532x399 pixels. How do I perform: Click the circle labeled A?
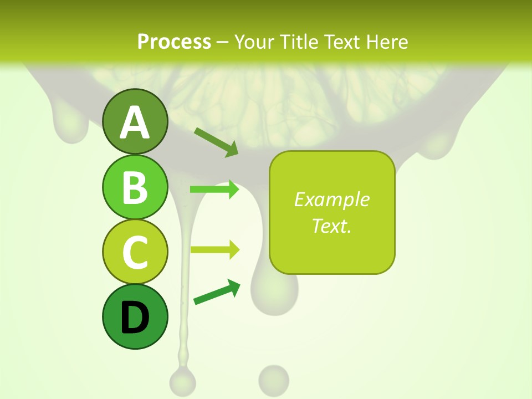[135, 121]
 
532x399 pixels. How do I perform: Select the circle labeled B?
[135, 187]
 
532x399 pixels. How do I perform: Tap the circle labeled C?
[135, 252]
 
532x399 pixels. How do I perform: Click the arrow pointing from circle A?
[216, 142]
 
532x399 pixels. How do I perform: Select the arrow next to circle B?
[214, 190]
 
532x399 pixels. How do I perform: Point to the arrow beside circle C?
[214, 249]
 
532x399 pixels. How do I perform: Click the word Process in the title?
[174, 42]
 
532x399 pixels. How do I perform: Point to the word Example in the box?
[331, 199]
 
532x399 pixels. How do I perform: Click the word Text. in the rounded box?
[331, 226]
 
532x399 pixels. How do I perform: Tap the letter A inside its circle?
[135, 122]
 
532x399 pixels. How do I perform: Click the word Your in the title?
[254, 42]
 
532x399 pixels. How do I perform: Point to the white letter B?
[135, 187]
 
